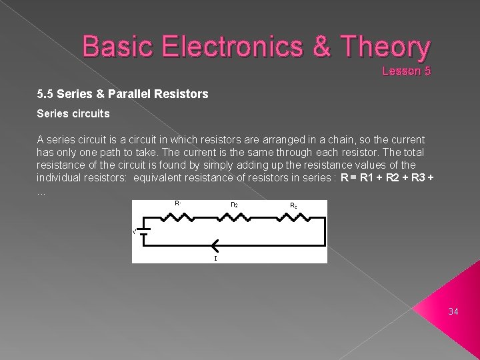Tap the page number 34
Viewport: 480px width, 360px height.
tap(453, 311)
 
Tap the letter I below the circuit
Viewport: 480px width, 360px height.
tap(215, 258)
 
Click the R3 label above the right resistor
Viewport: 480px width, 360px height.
tap(293, 206)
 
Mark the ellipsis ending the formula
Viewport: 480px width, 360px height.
tap(41, 191)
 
